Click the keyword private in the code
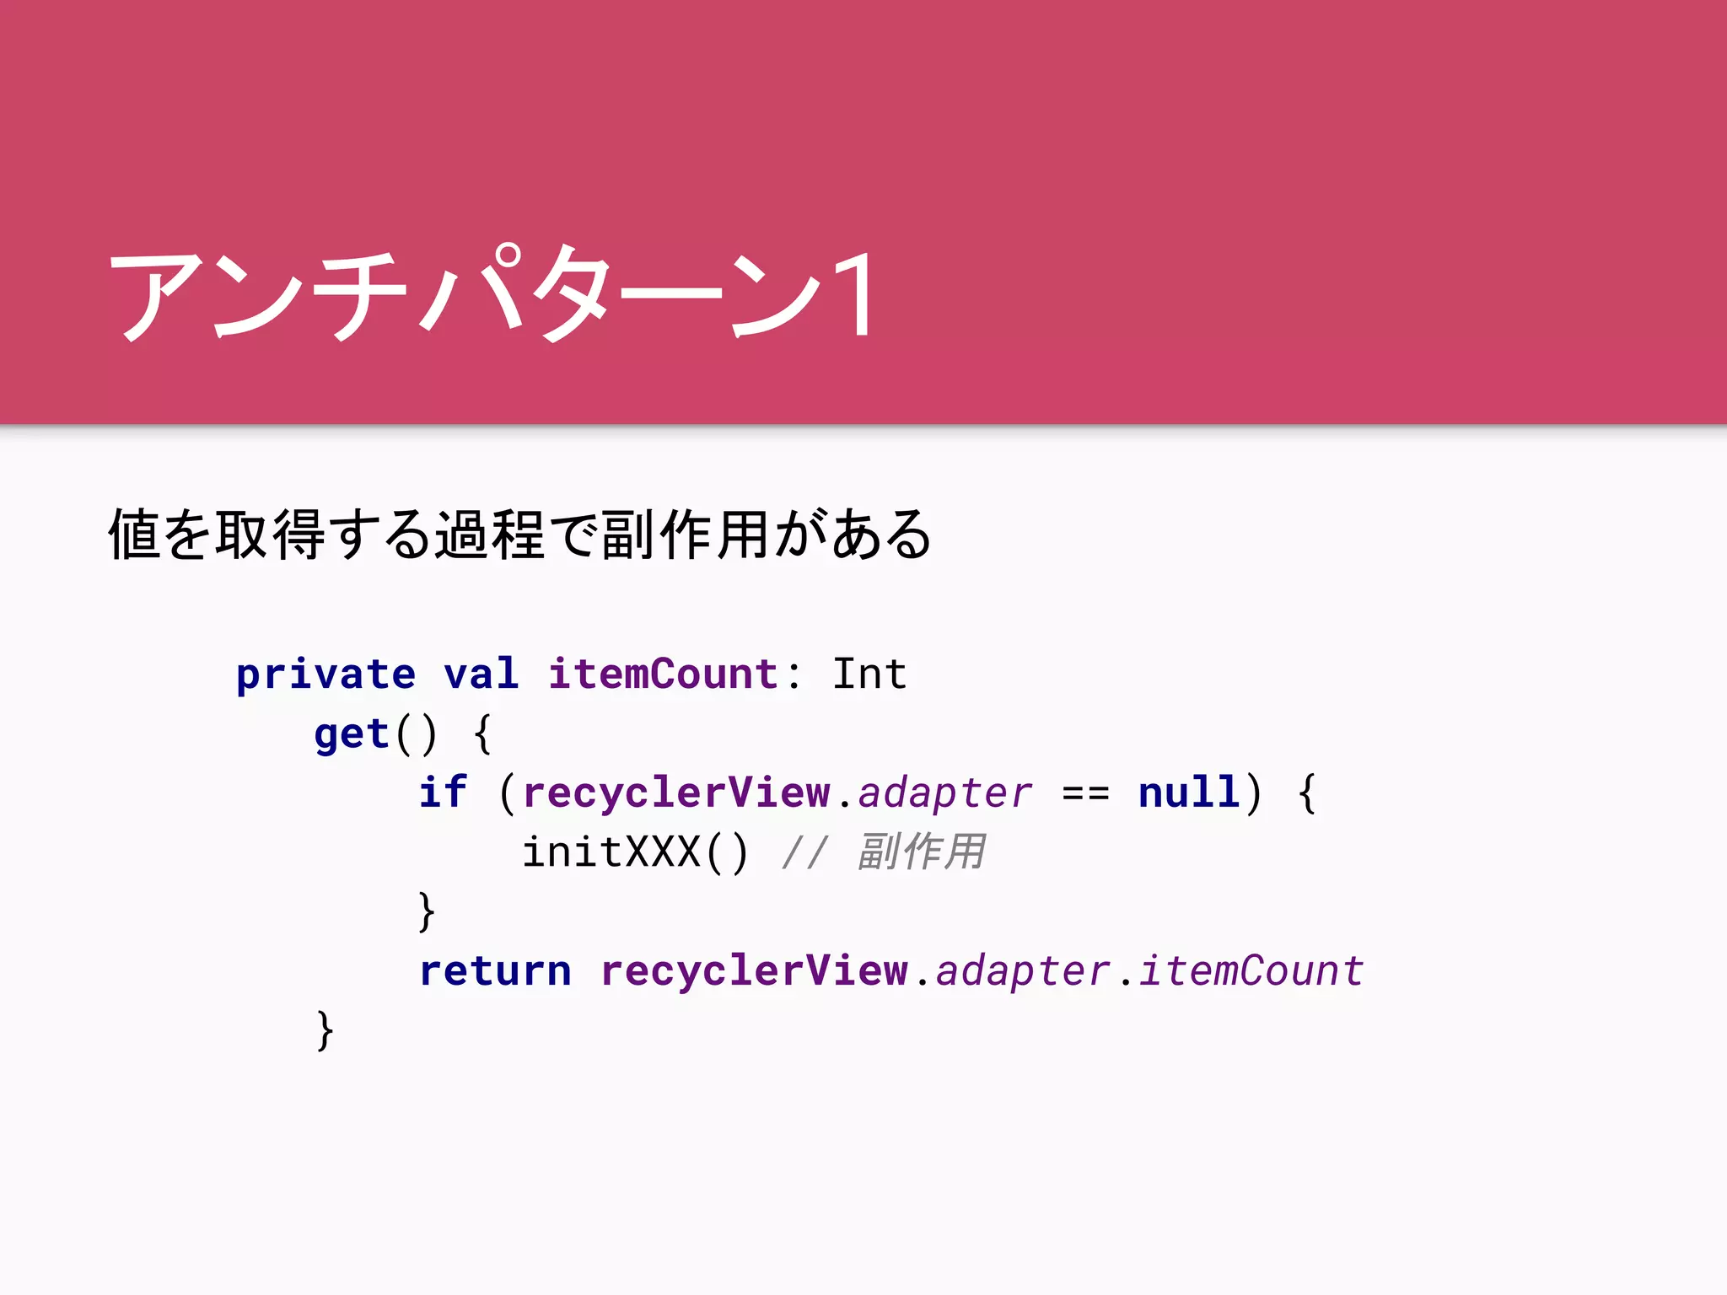pyautogui.click(x=325, y=674)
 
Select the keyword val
pyautogui.click(x=481, y=674)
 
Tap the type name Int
pyautogui.click(x=869, y=674)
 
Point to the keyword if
pyautogui.click(x=443, y=793)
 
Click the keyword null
pyautogui.click(x=1189, y=793)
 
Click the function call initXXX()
pyautogui.click(x=635, y=852)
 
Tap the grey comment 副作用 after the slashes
pyautogui.click(x=921, y=852)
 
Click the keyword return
pyautogui.click(x=495, y=971)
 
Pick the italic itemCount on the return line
pyautogui.click(x=1251, y=971)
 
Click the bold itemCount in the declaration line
pyautogui.click(x=663, y=674)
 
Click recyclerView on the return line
pyautogui.click(x=754, y=971)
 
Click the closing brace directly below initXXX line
pyautogui.click(x=427, y=911)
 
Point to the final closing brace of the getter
pyautogui.click(x=325, y=1030)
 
